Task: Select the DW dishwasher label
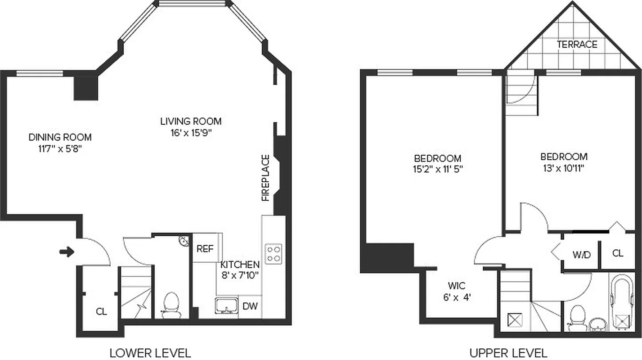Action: click(250, 306)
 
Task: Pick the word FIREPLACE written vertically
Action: click(265, 178)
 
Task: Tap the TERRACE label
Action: click(577, 45)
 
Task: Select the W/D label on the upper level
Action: click(581, 254)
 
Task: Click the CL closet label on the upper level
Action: click(618, 253)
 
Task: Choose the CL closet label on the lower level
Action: click(102, 311)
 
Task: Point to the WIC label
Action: click(456, 286)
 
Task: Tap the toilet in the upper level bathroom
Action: click(575, 318)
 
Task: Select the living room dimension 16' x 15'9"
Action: click(191, 132)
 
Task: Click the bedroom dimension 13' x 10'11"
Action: click(564, 168)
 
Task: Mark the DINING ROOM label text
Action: click(60, 137)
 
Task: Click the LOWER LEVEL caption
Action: click(150, 353)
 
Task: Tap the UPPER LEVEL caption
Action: click(508, 353)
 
